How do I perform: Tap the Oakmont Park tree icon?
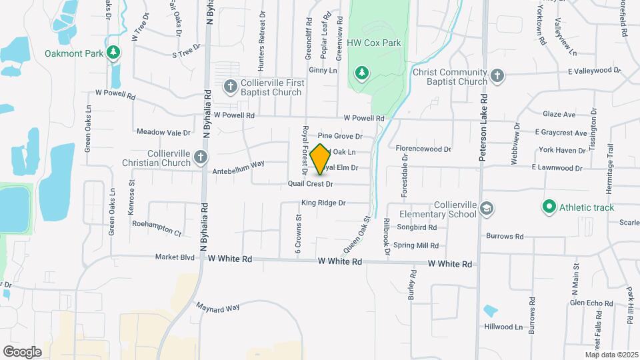click(114, 52)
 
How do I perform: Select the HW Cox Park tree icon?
click(361, 71)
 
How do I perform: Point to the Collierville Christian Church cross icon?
click(201, 157)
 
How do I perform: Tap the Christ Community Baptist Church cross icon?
click(497, 76)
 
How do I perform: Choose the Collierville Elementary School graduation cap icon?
click(487, 209)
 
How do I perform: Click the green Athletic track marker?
click(549, 207)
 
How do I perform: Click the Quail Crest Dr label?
click(310, 183)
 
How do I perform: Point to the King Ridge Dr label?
click(323, 202)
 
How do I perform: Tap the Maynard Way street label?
click(217, 307)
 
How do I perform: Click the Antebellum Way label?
click(238, 171)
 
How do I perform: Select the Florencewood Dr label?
click(423, 149)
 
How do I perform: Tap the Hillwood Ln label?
click(503, 327)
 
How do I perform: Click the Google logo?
click(22, 351)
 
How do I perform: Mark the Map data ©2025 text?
click(611, 355)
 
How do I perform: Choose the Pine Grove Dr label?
click(339, 136)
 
